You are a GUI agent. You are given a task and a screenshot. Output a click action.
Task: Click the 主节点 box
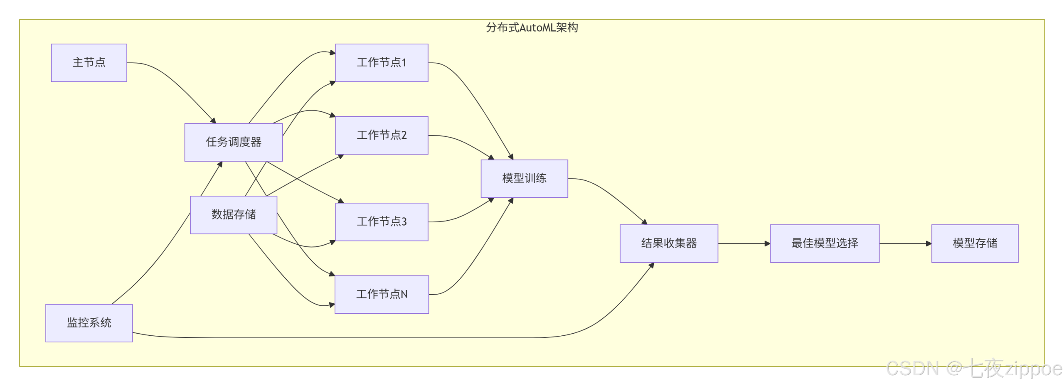89,63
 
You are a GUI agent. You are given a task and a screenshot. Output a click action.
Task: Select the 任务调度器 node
233,142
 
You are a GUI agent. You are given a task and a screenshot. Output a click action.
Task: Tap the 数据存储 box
233,214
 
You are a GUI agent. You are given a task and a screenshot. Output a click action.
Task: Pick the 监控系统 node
89,323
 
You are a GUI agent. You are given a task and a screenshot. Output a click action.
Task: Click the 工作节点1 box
381,63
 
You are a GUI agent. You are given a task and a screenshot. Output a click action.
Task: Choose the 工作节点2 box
381,135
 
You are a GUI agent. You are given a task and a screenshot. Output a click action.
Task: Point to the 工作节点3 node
381,221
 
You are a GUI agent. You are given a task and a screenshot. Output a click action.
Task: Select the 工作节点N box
381,294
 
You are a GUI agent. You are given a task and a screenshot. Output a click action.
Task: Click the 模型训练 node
524,178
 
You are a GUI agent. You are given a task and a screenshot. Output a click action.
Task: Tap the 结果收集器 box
668,243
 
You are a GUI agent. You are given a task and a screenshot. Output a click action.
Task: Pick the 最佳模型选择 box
824,243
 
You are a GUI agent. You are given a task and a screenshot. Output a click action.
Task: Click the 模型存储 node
974,243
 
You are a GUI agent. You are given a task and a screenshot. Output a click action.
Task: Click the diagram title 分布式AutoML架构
532,28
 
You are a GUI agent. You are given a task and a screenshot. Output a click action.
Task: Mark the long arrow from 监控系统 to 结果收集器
374,337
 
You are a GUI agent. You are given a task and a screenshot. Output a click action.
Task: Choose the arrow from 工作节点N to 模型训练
478,258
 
